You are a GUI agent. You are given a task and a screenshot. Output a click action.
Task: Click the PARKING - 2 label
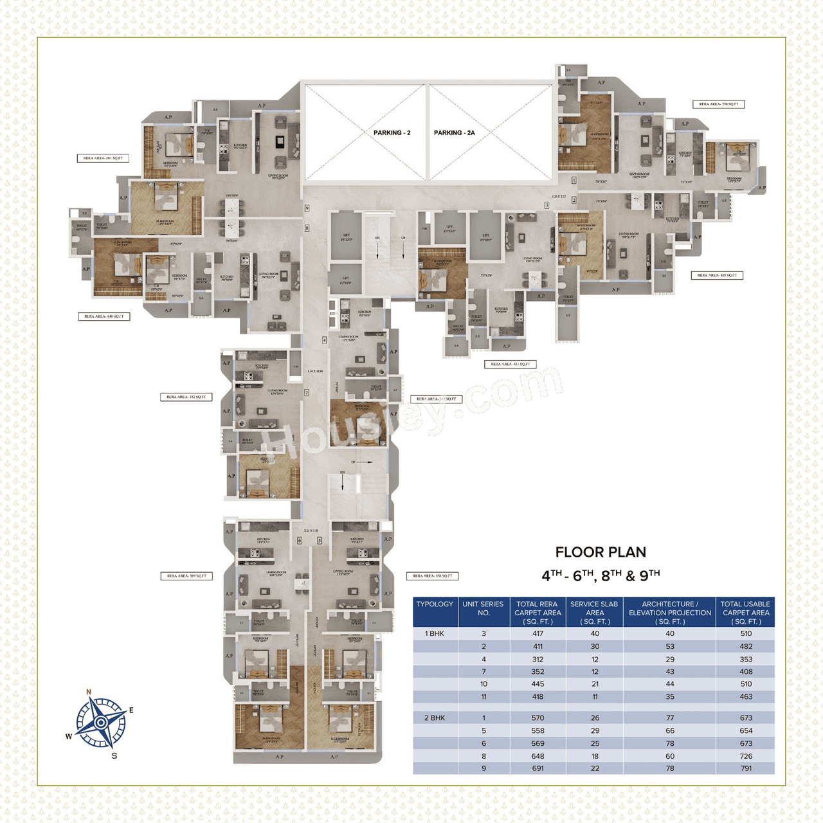point(392,132)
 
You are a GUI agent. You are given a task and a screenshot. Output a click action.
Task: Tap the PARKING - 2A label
point(454,132)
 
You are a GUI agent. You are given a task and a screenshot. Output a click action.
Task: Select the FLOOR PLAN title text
point(601,552)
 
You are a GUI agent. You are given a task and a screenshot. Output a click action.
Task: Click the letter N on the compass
point(89,692)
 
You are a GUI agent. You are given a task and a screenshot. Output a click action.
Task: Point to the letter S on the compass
point(114,755)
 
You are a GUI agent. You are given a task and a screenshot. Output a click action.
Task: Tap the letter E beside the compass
point(131,710)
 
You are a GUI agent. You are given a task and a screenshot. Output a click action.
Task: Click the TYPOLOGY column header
point(435,604)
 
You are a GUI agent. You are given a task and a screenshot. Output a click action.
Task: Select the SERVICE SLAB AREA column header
point(594,613)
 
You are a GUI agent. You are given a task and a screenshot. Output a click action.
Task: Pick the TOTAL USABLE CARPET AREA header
point(745,613)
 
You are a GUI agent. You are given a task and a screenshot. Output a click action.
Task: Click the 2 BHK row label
point(435,718)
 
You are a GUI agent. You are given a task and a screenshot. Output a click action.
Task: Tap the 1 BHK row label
point(435,633)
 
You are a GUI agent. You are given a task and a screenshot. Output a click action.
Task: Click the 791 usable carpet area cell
point(746,768)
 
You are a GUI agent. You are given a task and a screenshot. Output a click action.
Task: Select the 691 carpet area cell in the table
point(538,768)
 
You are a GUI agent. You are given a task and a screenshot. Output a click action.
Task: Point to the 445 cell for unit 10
point(538,684)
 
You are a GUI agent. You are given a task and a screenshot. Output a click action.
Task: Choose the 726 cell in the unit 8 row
point(746,756)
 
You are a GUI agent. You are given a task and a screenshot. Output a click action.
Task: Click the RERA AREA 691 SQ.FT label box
point(103,158)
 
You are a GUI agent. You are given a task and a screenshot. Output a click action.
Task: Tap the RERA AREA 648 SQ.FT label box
point(104,316)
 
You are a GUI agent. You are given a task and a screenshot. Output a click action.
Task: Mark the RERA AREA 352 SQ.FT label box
point(186,397)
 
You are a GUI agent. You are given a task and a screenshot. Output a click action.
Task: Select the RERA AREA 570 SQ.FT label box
point(718,104)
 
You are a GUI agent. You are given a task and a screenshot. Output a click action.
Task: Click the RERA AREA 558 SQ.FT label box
point(432,576)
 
